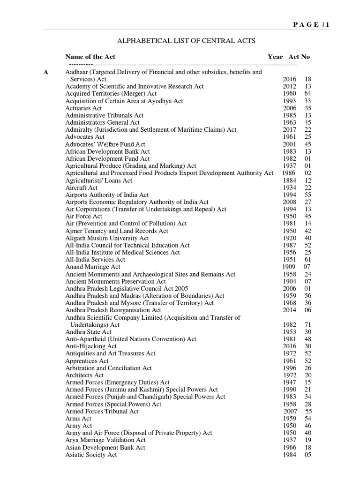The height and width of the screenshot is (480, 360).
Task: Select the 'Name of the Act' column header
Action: click(x=90, y=57)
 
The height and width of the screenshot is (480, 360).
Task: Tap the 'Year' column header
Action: click(x=275, y=57)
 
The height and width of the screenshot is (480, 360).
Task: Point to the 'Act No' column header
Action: click(x=299, y=57)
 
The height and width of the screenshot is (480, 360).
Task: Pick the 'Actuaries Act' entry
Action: click(x=83, y=108)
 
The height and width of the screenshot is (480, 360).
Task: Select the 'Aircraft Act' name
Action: click(x=82, y=187)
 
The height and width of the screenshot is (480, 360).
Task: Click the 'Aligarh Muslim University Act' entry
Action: click(x=107, y=238)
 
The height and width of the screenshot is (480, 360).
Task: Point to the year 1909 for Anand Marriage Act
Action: click(x=288, y=267)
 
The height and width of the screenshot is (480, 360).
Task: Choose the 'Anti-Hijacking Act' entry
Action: click(x=91, y=346)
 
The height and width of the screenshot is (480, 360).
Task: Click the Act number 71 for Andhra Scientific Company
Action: click(x=308, y=324)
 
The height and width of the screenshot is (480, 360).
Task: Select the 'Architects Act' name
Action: click(x=84, y=375)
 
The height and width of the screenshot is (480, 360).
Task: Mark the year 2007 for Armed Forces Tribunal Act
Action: click(x=291, y=411)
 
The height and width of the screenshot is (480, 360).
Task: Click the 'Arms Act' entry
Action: click(x=78, y=418)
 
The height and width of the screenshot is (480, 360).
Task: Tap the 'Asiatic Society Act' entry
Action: click(x=91, y=455)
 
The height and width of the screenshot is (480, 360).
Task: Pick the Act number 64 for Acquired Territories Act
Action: click(x=308, y=94)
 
